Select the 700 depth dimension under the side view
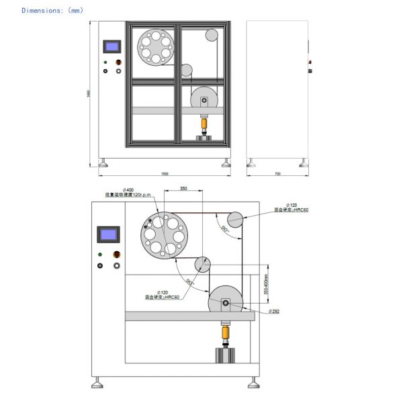point(277,174)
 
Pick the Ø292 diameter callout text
point(274,312)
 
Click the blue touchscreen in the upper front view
point(112,47)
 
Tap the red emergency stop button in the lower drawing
point(118,255)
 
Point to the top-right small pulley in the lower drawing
point(236,219)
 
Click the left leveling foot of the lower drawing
point(97,382)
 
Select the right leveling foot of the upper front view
point(225,163)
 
